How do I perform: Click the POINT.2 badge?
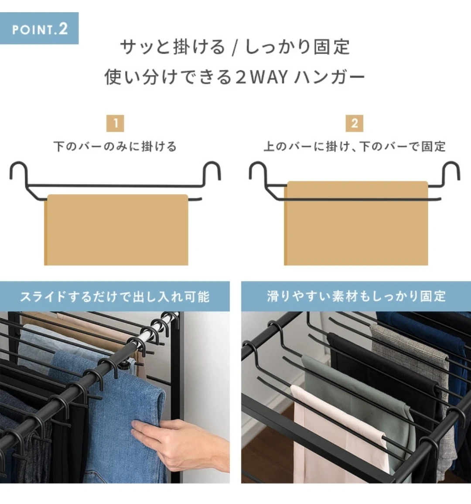(39, 28)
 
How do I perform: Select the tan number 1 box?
(115, 123)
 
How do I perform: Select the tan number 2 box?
(355, 123)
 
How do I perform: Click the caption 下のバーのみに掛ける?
(115, 147)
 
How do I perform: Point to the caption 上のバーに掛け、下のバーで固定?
(355, 147)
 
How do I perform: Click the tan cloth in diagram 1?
(116, 230)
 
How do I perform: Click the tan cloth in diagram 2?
(356, 223)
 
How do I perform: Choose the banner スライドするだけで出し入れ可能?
(115, 296)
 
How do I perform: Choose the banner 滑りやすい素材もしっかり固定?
(356, 296)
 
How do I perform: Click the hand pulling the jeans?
(180, 445)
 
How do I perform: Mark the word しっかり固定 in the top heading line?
(297, 47)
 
